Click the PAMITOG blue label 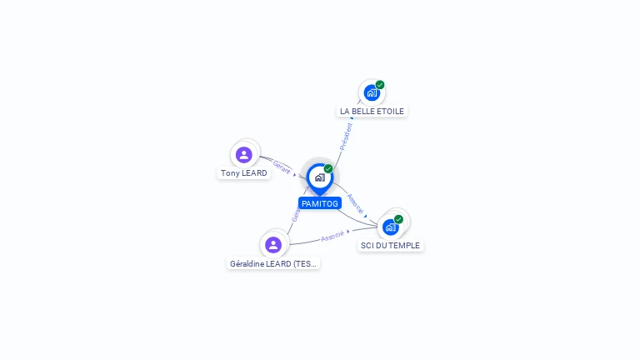pos(320,203)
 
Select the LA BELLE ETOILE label pos(372,111)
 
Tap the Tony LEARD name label pos(244,173)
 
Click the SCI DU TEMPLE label pos(390,245)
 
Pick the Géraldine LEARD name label pos(273,263)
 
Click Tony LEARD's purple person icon pos(244,155)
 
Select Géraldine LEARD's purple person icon pos(273,245)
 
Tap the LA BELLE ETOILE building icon pos(372,92)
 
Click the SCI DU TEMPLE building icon pos(390,227)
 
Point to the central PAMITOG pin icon pos(319,177)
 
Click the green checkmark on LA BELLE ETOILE pos(380,85)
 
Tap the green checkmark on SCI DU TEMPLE pos(398,219)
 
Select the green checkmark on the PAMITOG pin pos(328,169)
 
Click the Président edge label pos(347,136)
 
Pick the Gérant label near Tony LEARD pos(282,167)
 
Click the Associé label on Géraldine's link pos(332,236)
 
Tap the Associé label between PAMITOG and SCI pos(355,204)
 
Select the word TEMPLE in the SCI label pos(402,245)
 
